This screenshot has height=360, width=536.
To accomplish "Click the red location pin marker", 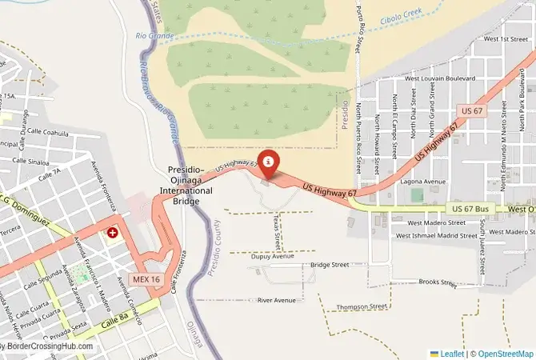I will [268, 162].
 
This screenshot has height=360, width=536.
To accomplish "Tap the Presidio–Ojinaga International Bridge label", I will [190, 186].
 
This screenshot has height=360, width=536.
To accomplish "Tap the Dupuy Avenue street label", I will [272, 257].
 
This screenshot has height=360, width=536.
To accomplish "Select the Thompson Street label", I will [362, 306].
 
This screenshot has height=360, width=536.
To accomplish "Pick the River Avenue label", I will [276, 300].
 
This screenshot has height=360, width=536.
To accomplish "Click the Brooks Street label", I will [437, 282].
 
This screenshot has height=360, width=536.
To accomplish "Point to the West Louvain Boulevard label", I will [441, 78].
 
